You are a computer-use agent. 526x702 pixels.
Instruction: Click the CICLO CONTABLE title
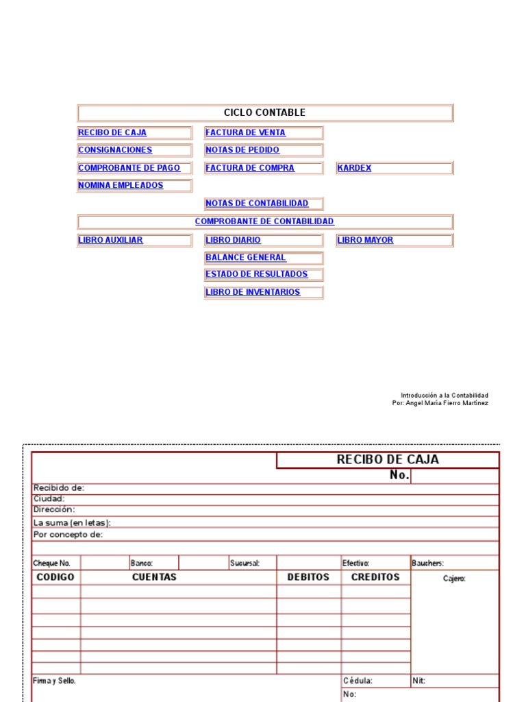click(x=264, y=113)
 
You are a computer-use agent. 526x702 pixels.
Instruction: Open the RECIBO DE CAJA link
click(x=112, y=133)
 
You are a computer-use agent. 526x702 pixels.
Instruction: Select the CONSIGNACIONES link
click(x=115, y=150)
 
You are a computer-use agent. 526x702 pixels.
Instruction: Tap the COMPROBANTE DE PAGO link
click(x=129, y=168)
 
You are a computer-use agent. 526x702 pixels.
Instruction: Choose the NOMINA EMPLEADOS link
click(x=121, y=186)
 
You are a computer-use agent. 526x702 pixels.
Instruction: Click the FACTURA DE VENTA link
click(x=245, y=133)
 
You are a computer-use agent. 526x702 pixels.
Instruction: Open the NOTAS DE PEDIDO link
click(x=242, y=150)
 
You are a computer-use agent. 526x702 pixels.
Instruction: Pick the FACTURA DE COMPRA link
click(x=250, y=168)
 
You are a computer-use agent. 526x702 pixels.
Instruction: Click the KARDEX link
click(x=355, y=168)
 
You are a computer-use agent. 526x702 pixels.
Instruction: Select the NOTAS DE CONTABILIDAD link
click(x=257, y=204)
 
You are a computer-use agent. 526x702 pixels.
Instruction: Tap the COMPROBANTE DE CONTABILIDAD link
click(x=264, y=221)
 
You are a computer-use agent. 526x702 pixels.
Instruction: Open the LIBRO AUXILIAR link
click(x=110, y=241)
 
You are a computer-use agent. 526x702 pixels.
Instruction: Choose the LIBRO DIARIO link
click(x=233, y=241)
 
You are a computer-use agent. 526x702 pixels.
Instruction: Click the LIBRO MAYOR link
click(x=365, y=241)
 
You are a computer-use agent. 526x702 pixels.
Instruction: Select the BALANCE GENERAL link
click(x=246, y=258)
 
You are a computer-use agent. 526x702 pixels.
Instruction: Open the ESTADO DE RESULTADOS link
click(x=257, y=274)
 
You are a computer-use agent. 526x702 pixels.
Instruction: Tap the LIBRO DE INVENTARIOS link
click(x=253, y=292)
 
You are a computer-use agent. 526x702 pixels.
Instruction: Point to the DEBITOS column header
click(x=308, y=577)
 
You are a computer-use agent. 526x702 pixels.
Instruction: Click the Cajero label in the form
click(x=454, y=579)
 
